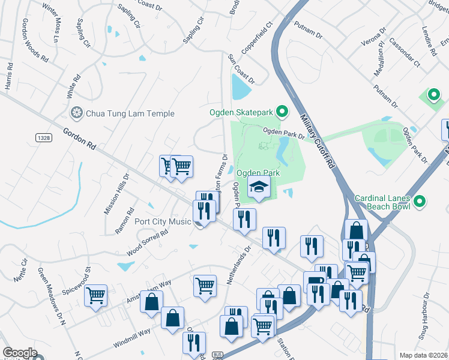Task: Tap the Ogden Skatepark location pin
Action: pos(284,112)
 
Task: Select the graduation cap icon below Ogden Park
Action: pos(259,188)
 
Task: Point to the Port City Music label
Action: pos(163,221)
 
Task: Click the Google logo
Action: pos(20,353)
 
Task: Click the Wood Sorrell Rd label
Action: pos(146,242)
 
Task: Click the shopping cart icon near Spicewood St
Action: pos(96,295)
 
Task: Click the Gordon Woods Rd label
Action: pos(34,40)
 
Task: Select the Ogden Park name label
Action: pos(258,173)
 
